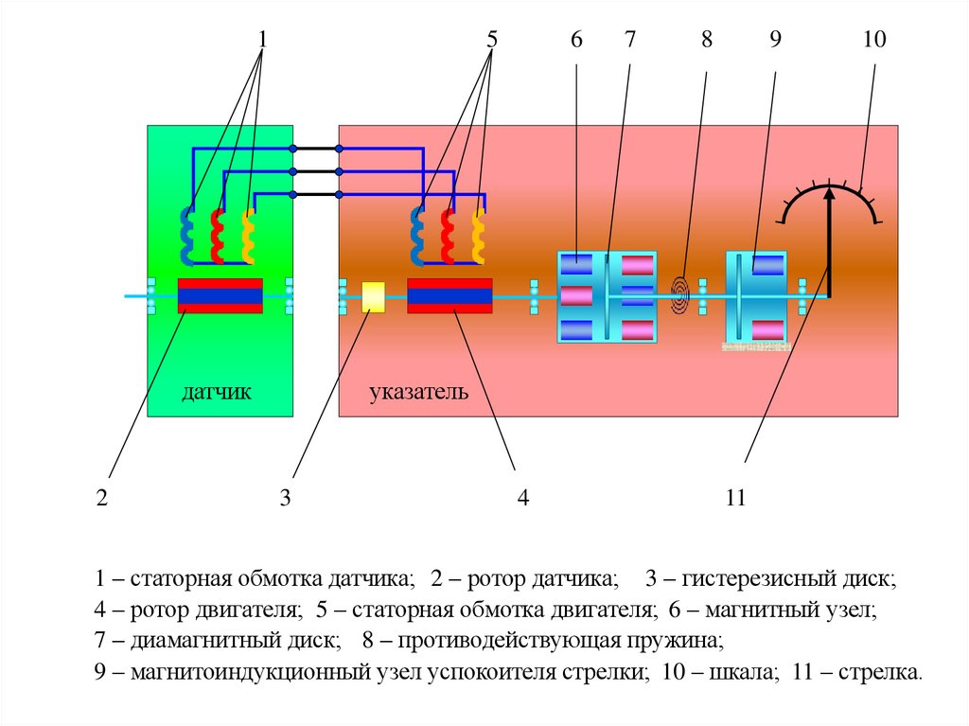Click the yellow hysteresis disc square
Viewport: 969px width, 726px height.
click(x=374, y=297)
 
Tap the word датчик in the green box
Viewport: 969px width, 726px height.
click(x=217, y=392)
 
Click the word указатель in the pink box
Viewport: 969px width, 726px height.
click(x=418, y=392)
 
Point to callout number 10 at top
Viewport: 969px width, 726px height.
click(x=873, y=40)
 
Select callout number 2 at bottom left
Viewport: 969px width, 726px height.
click(x=101, y=498)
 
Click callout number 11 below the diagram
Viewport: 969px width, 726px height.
click(x=736, y=498)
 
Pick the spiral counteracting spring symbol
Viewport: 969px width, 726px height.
click(x=680, y=294)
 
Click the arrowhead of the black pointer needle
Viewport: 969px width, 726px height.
click(x=829, y=194)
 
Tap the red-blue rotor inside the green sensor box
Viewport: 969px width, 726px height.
click(x=220, y=296)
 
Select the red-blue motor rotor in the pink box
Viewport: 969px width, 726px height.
click(x=449, y=296)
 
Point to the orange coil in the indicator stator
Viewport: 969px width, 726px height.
click(x=478, y=236)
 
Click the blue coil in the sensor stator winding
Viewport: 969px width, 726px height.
click(x=186, y=236)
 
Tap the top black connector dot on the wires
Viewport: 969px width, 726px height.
click(x=294, y=149)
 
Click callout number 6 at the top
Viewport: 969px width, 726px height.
click(x=576, y=40)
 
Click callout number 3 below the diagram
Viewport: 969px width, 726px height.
click(x=285, y=498)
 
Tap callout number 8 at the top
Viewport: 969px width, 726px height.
click(x=707, y=40)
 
